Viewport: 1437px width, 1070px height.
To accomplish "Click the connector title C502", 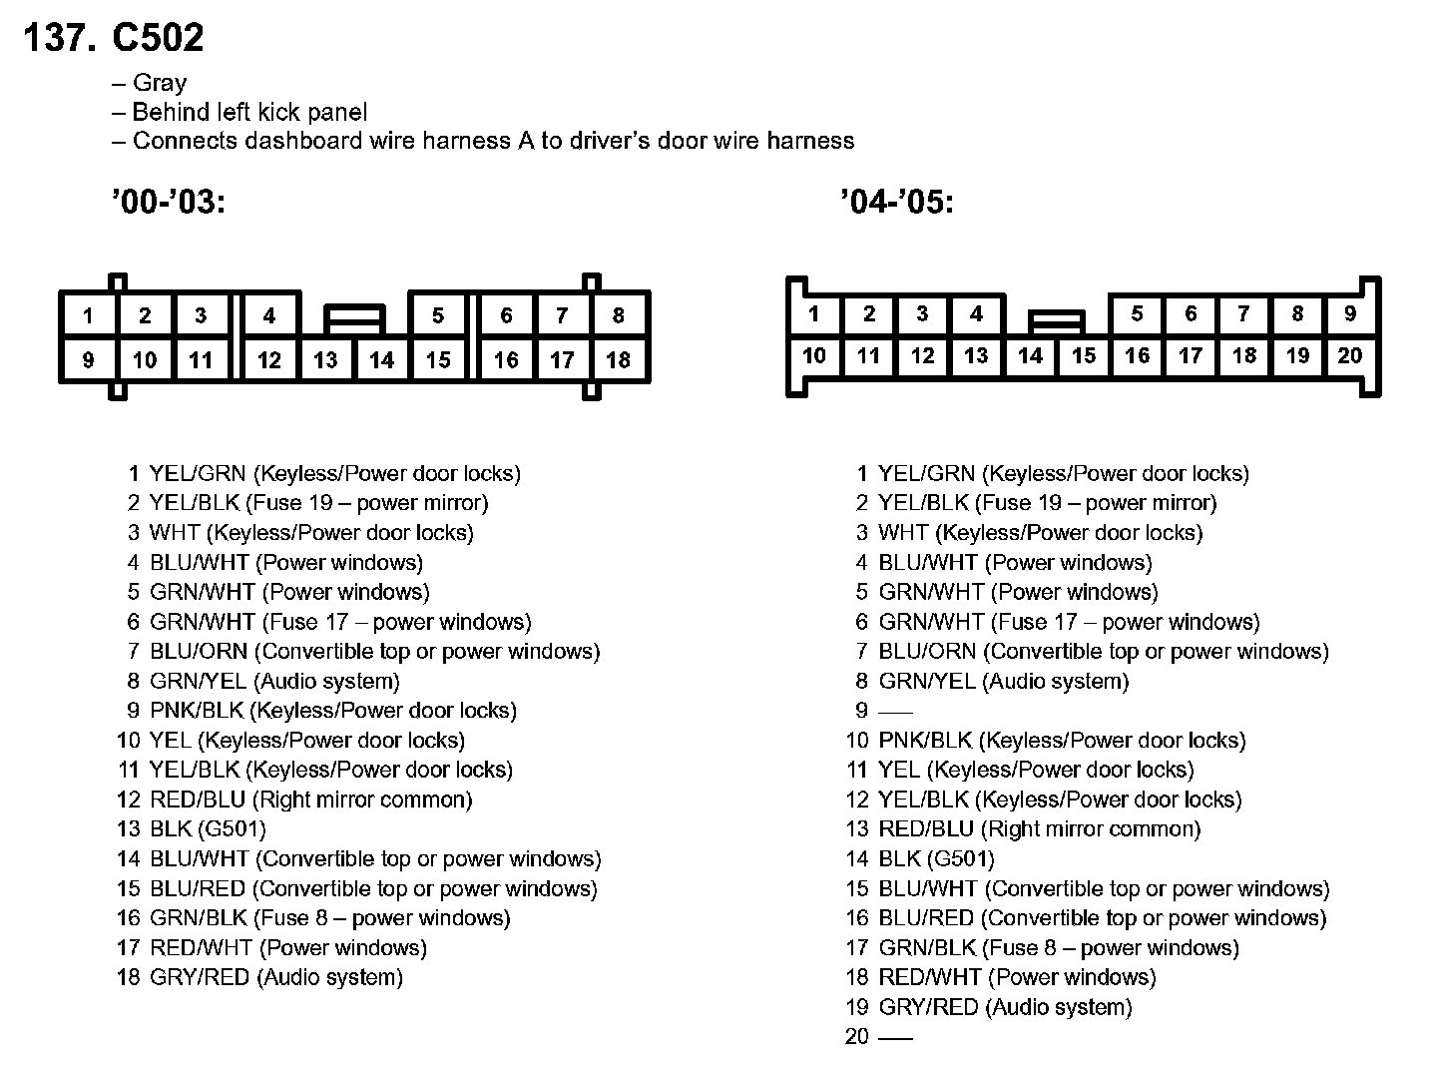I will pos(158,38).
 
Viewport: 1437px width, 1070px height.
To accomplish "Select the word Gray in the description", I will pos(160,83).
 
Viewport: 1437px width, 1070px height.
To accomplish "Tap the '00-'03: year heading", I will pos(169,203).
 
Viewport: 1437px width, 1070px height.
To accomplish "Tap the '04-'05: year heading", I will pos(897,203).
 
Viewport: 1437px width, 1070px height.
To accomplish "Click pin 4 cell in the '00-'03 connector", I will pos(268,315).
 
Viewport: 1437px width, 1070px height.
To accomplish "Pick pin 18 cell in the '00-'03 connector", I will pos(618,359).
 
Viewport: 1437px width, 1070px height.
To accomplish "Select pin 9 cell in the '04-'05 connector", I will pos(1350,313).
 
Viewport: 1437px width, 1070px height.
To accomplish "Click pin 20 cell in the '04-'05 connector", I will pos(1350,355).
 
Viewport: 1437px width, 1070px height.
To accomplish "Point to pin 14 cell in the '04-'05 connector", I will pos(1030,355).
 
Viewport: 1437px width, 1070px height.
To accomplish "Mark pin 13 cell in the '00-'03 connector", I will pos(325,359).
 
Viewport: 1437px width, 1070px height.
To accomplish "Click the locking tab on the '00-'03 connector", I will pos(354,319).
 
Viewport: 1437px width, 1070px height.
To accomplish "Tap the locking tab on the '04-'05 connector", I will pos(1057,320).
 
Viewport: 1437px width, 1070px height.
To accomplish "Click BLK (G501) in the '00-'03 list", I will pos(208,829).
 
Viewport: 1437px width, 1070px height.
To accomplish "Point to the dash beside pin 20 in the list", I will pos(895,1037).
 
